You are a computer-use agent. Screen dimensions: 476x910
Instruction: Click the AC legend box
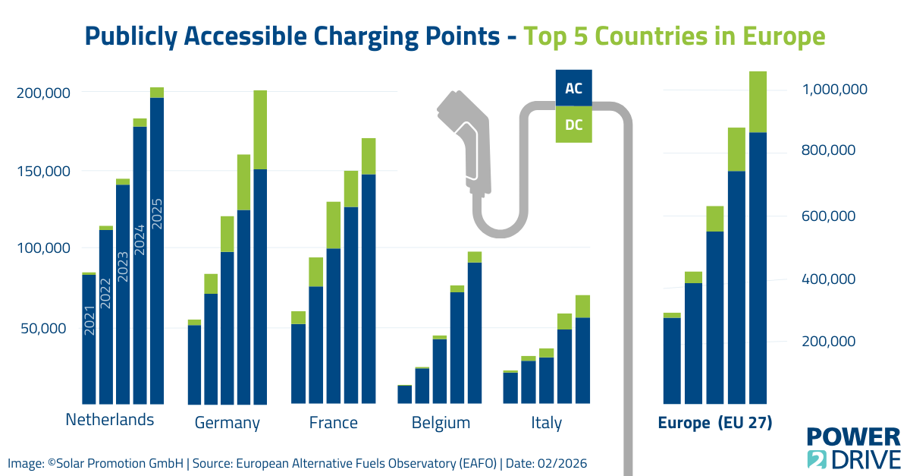(x=574, y=88)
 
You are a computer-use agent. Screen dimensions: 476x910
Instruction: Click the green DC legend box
(x=574, y=125)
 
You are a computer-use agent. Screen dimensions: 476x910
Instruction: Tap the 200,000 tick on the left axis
(x=43, y=93)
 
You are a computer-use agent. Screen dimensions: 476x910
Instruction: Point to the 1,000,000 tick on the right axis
(x=834, y=90)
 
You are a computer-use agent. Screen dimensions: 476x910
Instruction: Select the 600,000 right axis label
(x=829, y=216)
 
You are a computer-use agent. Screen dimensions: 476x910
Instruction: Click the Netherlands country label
(x=110, y=420)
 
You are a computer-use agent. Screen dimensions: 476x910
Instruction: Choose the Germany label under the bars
(x=227, y=423)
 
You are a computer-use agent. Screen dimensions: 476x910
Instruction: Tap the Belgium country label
(x=441, y=423)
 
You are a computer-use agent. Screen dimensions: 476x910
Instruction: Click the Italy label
(x=546, y=423)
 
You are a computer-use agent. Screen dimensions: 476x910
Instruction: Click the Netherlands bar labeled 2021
(x=89, y=339)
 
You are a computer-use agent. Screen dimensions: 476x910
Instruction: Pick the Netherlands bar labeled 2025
(x=157, y=251)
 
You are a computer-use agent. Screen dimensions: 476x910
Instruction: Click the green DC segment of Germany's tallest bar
(x=260, y=129)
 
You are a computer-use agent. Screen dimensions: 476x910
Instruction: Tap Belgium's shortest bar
(x=405, y=395)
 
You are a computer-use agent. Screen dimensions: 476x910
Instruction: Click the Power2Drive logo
(x=853, y=448)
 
